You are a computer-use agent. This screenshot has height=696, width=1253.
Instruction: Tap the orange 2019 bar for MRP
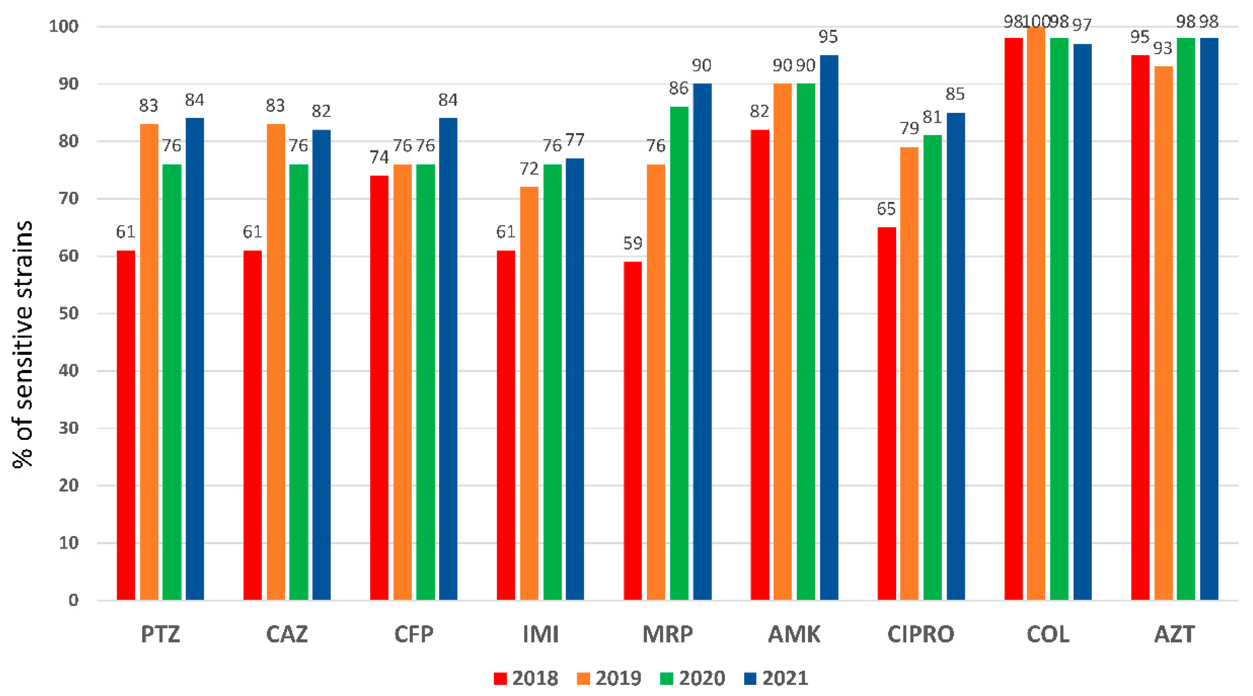(x=656, y=382)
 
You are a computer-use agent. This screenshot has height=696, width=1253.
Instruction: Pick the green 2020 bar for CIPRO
(x=932, y=367)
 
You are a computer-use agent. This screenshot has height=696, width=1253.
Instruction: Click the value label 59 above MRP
(x=632, y=243)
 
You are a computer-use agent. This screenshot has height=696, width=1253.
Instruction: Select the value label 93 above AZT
(x=1163, y=48)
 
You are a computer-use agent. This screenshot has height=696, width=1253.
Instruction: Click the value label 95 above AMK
(x=828, y=37)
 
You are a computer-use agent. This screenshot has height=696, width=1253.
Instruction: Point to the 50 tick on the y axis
(x=68, y=313)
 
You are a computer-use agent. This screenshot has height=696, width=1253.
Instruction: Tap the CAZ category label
(x=287, y=634)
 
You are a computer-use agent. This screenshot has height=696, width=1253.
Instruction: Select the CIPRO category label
(x=921, y=634)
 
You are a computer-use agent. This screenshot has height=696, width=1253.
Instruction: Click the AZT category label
(x=1174, y=634)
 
